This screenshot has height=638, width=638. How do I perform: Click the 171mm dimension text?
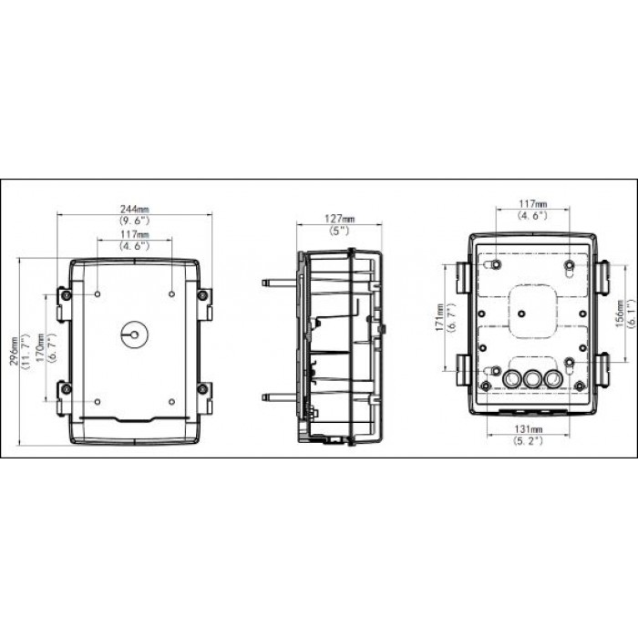point(439,318)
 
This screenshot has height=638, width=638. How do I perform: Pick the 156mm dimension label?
point(620,318)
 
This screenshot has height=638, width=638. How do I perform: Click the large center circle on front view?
point(133,334)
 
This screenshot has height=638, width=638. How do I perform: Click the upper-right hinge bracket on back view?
point(602,273)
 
